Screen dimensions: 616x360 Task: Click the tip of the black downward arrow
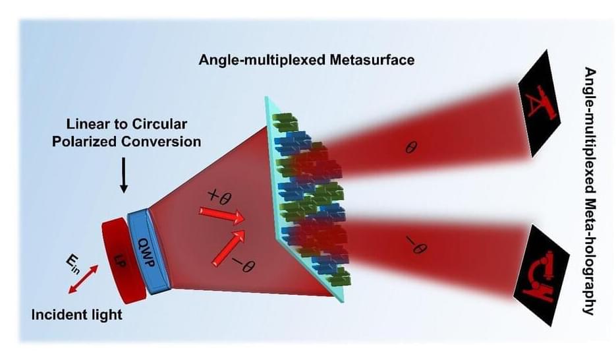(124, 193)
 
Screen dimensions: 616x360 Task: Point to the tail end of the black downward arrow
(124, 158)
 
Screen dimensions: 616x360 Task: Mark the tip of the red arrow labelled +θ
(244, 220)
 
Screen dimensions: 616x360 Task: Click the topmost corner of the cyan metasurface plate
(266, 97)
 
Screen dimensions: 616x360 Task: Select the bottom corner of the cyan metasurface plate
(342, 302)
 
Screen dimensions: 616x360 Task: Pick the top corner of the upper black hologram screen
(546, 50)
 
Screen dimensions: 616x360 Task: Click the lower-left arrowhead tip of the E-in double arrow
(69, 293)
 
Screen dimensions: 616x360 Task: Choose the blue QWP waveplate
(150, 251)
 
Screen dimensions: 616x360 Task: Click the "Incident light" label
(77, 315)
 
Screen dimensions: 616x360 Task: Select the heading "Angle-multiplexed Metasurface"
(307, 60)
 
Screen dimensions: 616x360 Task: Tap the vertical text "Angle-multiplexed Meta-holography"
(589, 191)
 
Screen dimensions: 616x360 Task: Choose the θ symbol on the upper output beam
(411, 148)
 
